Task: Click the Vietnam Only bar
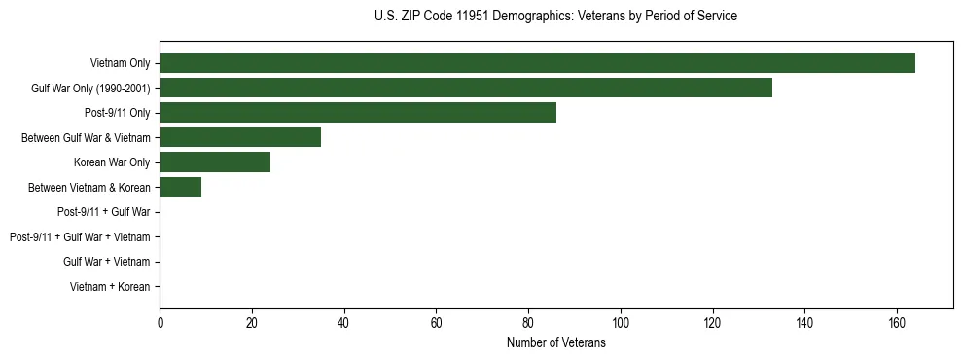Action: click(537, 63)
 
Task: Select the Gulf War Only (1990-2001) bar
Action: click(465, 88)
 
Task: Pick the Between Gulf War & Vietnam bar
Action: click(240, 137)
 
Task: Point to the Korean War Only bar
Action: click(215, 162)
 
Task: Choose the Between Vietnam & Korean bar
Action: click(180, 187)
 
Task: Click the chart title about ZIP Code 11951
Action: click(555, 17)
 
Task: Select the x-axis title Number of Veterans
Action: click(555, 343)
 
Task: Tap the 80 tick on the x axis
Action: click(528, 324)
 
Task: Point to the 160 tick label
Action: click(897, 324)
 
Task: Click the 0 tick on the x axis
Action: click(160, 324)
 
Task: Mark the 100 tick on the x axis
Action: click(621, 324)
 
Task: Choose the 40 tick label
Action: click(343, 324)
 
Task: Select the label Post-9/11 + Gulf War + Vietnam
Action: click(80, 237)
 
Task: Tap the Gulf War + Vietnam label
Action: click(107, 262)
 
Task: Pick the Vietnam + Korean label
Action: click(110, 287)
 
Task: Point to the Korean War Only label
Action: click(112, 162)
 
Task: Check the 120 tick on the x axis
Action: click(712, 324)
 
